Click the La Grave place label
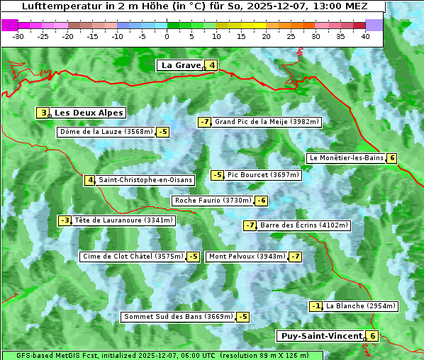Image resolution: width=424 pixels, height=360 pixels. coord(181,65)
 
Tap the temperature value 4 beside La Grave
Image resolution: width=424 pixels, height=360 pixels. coord(212,65)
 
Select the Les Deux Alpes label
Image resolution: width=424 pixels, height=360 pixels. coord(89,113)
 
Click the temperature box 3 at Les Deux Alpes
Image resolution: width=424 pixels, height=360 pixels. coord(43,113)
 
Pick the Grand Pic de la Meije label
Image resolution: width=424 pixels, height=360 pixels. coord(267,122)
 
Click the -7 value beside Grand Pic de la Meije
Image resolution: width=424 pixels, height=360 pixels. coord(204,122)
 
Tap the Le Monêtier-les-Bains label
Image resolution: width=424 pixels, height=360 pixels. coord(346,158)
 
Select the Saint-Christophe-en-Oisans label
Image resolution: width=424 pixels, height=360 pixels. coord(145,180)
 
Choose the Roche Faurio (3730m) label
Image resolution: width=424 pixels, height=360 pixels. coord(213,201)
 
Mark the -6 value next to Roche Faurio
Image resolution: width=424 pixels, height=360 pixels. coord(261,201)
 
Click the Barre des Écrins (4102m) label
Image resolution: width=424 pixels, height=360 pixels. coord(304,225)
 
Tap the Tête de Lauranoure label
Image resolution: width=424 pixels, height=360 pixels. coord(123,220)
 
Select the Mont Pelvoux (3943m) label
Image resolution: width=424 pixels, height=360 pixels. coord(247,257)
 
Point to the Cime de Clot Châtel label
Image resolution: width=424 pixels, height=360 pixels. coord(133,257)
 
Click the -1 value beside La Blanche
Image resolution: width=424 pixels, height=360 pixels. coord(316,306)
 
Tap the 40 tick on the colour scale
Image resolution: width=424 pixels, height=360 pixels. coord(365,36)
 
